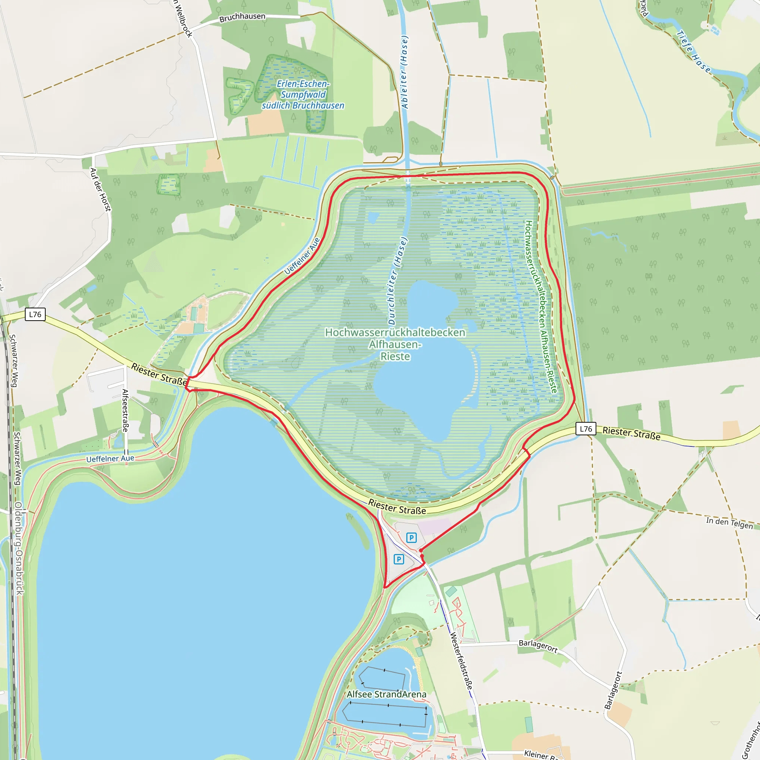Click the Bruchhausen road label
coord(242,17)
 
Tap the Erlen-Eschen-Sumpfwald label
coord(303,94)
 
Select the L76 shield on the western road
coord(35,314)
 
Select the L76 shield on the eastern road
coord(586,429)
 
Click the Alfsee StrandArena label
coord(386,694)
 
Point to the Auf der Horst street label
coord(100,189)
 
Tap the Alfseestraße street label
coord(125,410)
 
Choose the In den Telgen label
coord(729,523)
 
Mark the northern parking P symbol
coord(412,538)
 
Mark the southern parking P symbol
coord(399,559)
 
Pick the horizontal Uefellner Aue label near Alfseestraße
coord(110,459)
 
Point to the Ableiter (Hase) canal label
coord(404,72)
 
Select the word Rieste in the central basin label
coord(395,356)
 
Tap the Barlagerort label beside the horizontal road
coord(538,646)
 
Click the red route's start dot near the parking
coord(421,551)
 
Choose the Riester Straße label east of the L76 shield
coord(631,433)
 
